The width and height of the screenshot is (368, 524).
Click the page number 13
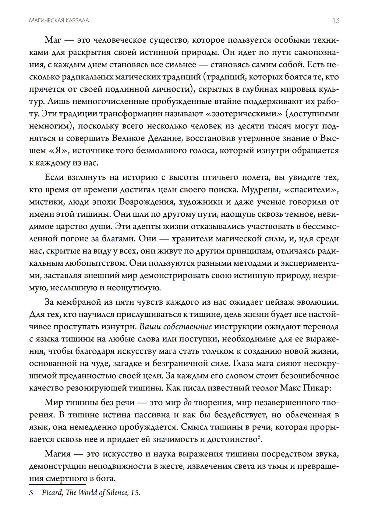point(335,20)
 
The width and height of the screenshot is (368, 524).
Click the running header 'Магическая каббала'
point(59,21)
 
